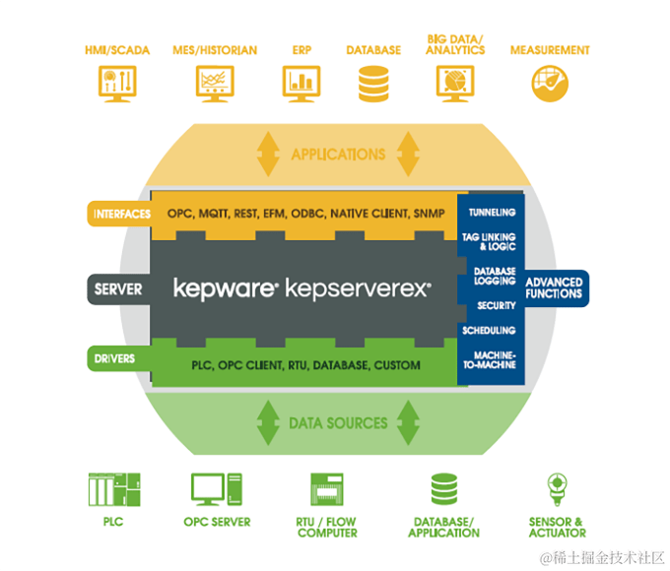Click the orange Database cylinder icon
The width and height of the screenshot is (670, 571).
pos(373,84)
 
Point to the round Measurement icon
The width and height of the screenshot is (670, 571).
pos(549,83)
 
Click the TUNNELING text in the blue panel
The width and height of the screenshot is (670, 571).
pos(492,212)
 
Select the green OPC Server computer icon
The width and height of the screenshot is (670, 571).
pos(217,490)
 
